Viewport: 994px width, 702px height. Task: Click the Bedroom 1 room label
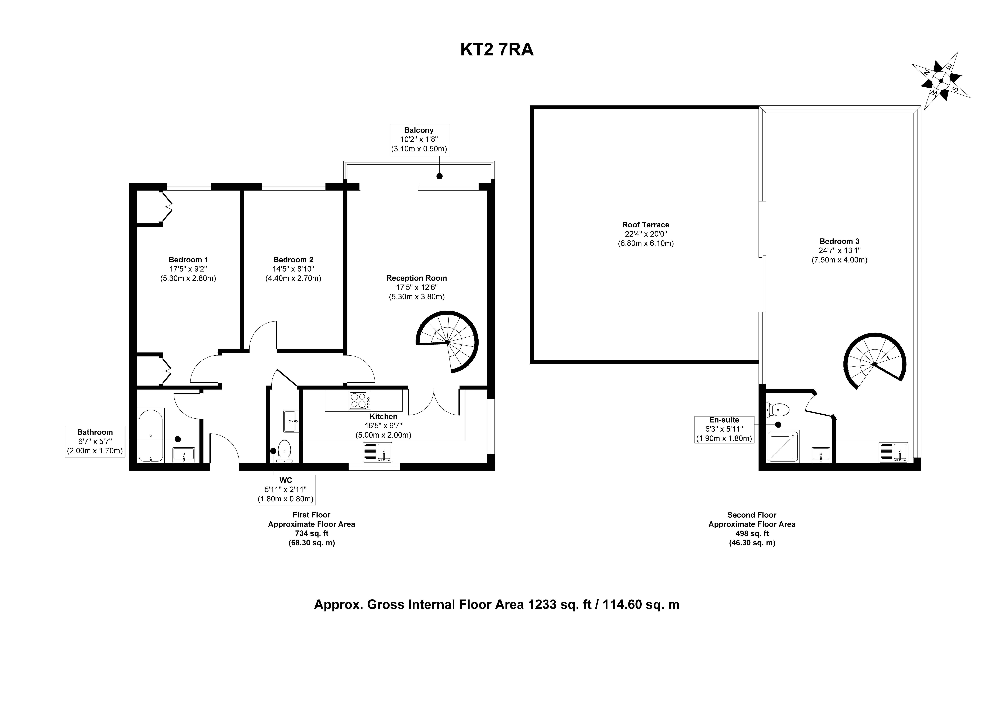(188, 260)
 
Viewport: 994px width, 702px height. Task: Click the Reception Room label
(416, 278)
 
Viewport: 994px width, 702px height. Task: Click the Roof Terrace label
(645, 225)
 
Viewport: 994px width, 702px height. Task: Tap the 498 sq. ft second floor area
(752, 533)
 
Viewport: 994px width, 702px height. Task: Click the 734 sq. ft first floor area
(312, 533)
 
